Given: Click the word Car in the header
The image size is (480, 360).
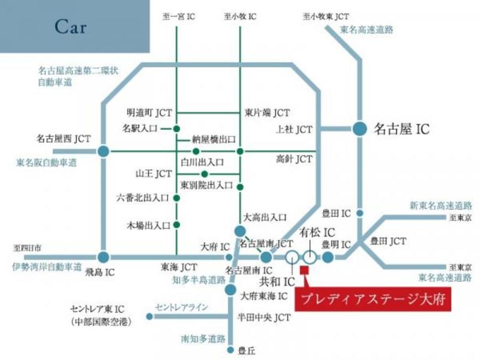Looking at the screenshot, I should pos(70,27).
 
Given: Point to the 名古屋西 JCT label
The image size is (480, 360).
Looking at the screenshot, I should pos(63,139).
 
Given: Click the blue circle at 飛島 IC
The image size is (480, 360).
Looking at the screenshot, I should pos(103,257).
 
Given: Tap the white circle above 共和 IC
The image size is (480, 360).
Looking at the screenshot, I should pos(292,257).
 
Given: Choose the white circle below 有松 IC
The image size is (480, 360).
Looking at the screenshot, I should pos(310,257).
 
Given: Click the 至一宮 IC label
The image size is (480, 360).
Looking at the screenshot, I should pos(178,17).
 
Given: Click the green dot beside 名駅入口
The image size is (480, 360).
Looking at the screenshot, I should pos(177,129).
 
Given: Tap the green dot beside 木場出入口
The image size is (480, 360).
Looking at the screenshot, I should pos(177,225).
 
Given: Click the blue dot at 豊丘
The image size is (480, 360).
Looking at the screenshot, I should pos(230,350).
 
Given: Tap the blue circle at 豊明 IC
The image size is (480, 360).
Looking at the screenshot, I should pos(327,257).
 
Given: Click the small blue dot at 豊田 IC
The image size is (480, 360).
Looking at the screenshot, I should pos(360,213).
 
